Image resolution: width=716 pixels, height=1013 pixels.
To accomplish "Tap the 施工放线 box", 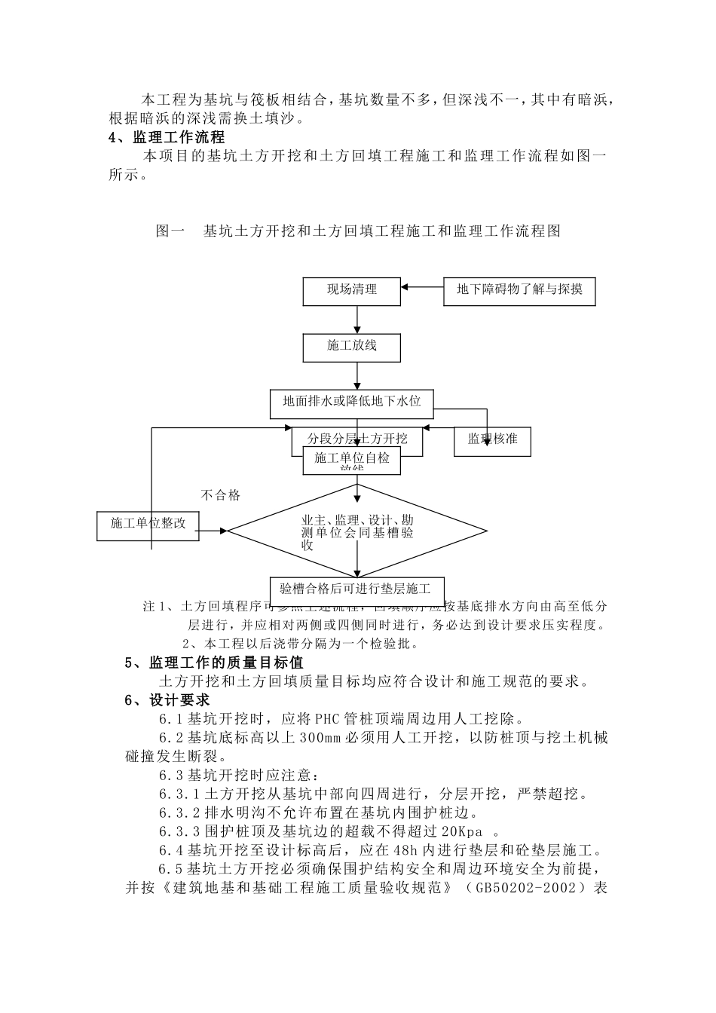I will point(351,347).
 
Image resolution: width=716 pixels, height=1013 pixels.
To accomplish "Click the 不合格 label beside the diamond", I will point(221,495).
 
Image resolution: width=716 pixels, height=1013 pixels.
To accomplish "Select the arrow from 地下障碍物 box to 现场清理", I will point(422,287).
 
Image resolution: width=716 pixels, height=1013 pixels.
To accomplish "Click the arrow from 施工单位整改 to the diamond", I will point(213,531).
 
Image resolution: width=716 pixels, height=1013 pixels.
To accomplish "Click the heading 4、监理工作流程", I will point(167,137).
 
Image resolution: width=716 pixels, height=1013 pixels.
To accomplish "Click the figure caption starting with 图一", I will point(358,231).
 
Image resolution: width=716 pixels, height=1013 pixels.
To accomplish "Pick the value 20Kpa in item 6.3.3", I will point(461,831).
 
